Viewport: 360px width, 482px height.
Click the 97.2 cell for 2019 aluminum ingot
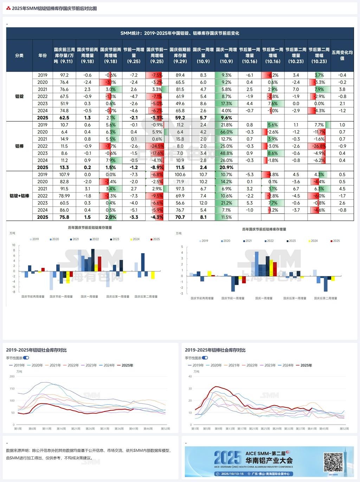point(64,75)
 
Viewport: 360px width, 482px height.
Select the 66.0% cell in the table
point(226,132)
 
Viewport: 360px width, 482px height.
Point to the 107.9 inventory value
point(64,175)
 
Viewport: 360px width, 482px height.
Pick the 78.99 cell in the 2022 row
point(64,196)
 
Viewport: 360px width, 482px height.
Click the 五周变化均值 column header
point(342,56)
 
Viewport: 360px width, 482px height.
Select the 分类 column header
point(19,56)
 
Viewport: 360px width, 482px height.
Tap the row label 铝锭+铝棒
point(19,196)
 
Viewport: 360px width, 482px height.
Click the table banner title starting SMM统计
point(180,33)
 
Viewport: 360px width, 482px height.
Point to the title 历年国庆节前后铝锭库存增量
point(90,227)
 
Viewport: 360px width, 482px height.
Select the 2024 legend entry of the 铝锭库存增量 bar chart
point(134,239)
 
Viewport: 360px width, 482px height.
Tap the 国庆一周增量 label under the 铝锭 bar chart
point(89,297)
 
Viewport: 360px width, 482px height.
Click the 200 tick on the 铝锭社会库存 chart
point(12,377)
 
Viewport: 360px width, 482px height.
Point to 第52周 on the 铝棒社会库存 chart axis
point(344,429)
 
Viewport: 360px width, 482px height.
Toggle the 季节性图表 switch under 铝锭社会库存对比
point(26,358)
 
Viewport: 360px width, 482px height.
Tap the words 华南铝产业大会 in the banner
point(269,460)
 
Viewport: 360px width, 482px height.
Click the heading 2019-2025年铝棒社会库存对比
point(215,350)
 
